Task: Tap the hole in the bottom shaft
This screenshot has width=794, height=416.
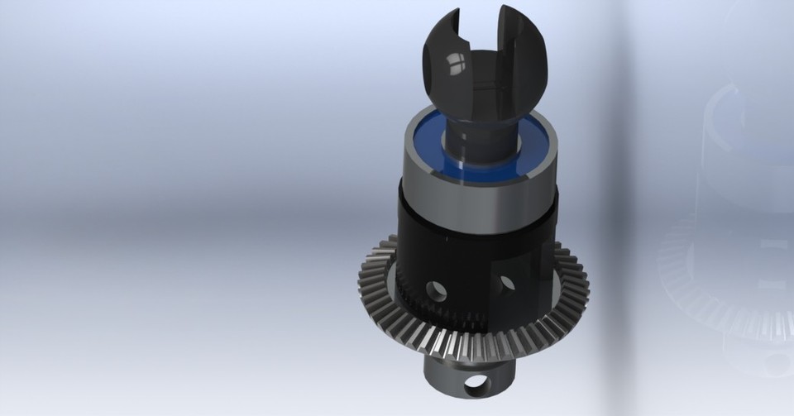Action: point(476,384)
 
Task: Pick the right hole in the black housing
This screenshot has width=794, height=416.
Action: point(506,284)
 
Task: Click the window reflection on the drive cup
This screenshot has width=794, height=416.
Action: point(454,62)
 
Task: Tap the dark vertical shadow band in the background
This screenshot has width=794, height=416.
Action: point(616,207)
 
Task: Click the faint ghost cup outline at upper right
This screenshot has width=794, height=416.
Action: point(736,124)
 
